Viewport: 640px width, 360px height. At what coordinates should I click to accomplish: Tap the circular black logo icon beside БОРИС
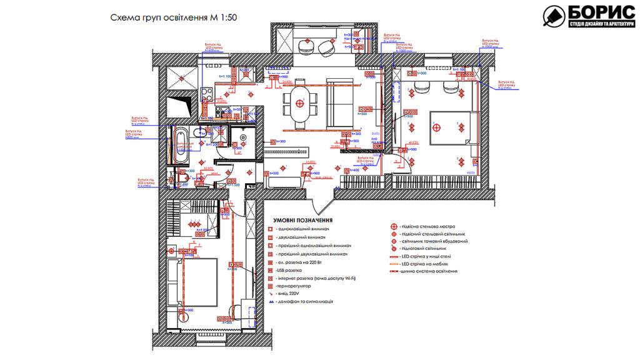(553, 17)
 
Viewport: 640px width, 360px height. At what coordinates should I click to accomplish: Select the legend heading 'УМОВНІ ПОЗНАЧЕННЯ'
(302, 220)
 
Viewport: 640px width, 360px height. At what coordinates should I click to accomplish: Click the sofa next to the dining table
(337, 104)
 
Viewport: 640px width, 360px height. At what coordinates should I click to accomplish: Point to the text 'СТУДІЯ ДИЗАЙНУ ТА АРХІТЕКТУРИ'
(601, 24)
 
